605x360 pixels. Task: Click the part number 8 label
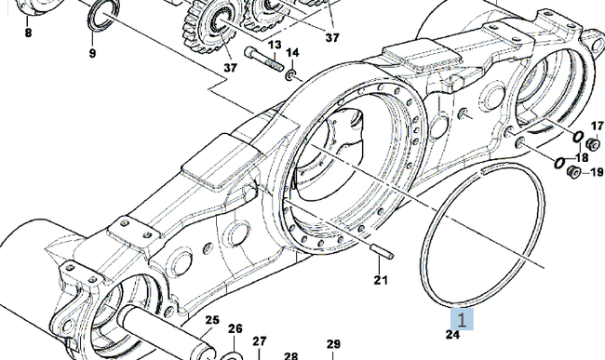pyautogui.click(x=28, y=33)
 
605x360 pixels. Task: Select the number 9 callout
pyautogui.click(x=92, y=53)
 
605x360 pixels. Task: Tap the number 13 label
pyautogui.click(x=275, y=45)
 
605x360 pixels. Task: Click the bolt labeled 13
pyautogui.click(x=264, y=59)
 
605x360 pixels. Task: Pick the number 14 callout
pyautogui.click(x=292, y=52)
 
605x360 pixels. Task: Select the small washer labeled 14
pyautogui.click(x=289, y=75)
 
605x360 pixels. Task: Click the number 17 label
pyautogui.click(x=597, y=126)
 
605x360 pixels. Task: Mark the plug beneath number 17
pyautogui.click(x=592, y=144)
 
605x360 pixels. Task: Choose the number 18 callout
pyautogui.click(x=582, y=157)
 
